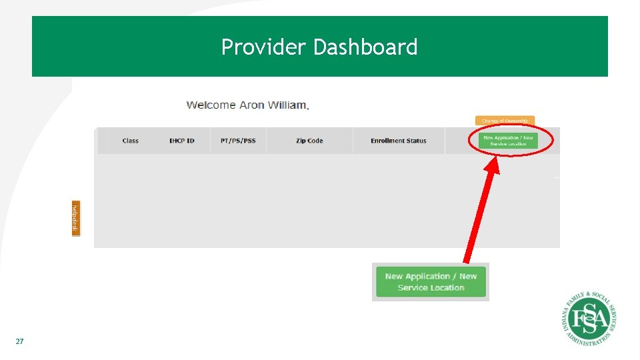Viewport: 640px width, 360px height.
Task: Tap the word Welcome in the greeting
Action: [x=211, y=105]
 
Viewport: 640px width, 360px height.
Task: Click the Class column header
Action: [x=131, y=141]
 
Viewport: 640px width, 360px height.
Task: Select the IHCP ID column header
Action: [x=181, y=141]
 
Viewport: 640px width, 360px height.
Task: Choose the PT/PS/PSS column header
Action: [x=238, y=141]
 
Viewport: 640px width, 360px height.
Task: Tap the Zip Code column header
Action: [x=309, y=141]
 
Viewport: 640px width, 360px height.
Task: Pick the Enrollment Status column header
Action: [x=399, y=141]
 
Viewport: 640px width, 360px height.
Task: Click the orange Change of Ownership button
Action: [x=505, y=121]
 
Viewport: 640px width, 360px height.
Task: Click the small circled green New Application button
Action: [x=508, y=141]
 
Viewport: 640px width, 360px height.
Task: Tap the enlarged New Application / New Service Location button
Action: [x=431, y=282]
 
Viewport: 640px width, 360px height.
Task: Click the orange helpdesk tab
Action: [x=75, y=218]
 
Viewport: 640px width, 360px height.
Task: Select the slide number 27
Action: [x=19, y=341]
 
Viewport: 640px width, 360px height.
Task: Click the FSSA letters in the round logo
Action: [x=589, y=319]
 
